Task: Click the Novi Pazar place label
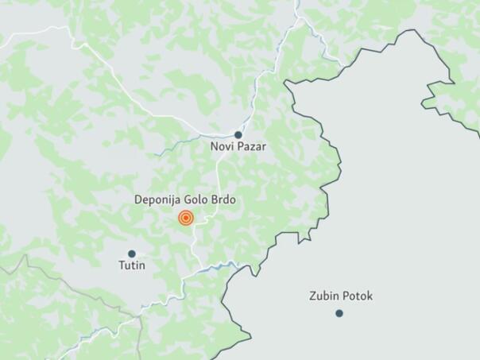pyautogui.click(x=238, y=147)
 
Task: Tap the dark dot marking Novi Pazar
pyautogui.click(x=238, y=135)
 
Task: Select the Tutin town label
pyautogui.click(x=132, y=265)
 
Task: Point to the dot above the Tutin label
pyautogui.click(x=132, y=254)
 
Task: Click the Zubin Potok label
pyautogui.click(x=341, y=296)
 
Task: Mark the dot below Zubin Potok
pyautogui.click(x=339, y=313)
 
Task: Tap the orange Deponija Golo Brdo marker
pyautogui.click(x=186, y=218)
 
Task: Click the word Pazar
pyautogui.click(x=252, y=147)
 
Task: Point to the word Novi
pyautogui.click(x=222, y=147)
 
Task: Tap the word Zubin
pyautogui.click(x=323, y=296)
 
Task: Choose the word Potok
pyautogui.click(x=357, y=296)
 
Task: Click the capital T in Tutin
pyautogui.click(x=122, y=265)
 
